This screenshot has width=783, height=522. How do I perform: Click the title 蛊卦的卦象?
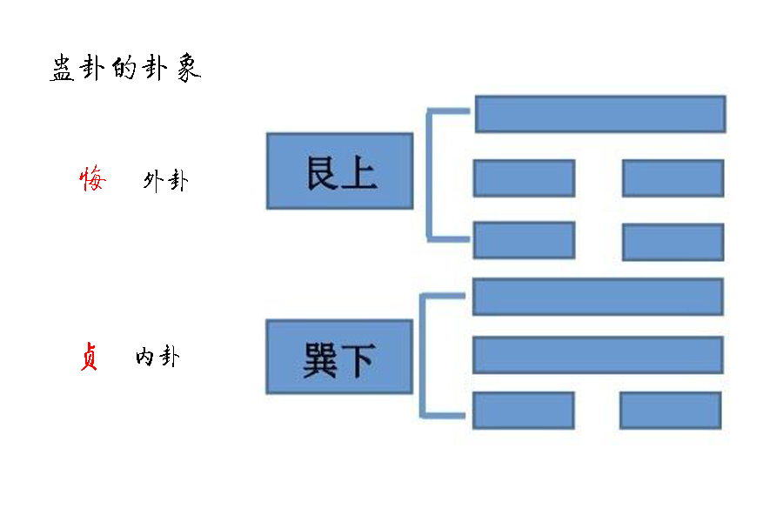125,70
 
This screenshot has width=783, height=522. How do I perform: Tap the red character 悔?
92,179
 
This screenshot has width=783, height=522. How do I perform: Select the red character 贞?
88,357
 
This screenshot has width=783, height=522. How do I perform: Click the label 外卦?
165,181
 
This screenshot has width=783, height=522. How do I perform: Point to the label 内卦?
157,357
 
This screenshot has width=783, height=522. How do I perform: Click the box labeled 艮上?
339,171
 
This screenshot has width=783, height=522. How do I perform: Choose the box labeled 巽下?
339,357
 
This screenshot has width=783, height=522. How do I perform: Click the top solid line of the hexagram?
599,114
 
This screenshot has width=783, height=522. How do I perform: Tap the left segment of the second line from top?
524,178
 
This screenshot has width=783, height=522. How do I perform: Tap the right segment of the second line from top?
673,178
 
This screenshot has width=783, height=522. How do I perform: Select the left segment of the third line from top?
524,240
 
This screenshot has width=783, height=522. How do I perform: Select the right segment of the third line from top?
673,242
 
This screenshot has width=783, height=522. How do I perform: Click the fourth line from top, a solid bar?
598,297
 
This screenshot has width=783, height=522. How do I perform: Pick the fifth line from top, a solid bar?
598,355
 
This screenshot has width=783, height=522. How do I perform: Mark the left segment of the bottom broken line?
523,410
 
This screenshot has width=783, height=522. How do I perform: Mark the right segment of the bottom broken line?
670,410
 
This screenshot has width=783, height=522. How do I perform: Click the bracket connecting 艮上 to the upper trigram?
428,174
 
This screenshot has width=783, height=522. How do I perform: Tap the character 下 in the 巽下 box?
357,358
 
